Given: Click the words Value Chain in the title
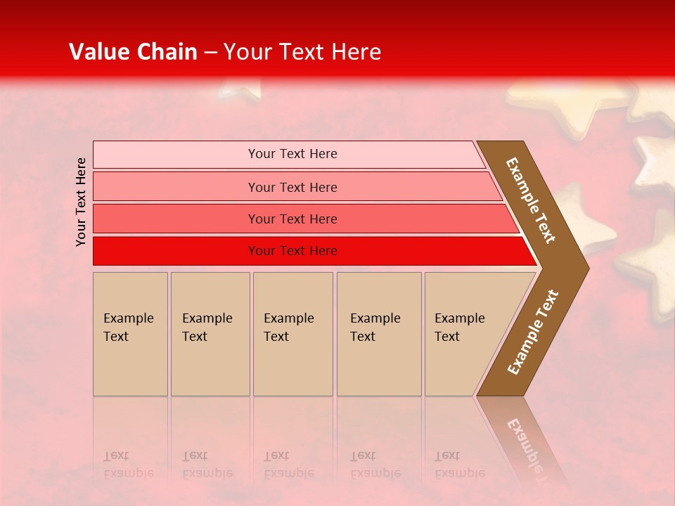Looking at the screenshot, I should [x=133, y=52].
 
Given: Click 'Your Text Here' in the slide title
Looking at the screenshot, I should [x=302, y=52].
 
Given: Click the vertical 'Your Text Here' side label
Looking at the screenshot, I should [x=81, y=202].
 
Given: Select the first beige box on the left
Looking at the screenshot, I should [x=130, y=334].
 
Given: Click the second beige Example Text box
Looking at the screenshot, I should [x=210, y=334].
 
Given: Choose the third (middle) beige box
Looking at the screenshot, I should [x=292, y=334].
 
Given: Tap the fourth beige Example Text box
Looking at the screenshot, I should [x=379, y=334].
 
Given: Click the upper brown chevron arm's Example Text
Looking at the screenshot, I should [x=531, y=200].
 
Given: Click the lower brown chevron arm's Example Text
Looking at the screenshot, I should [x=533, y=332].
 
